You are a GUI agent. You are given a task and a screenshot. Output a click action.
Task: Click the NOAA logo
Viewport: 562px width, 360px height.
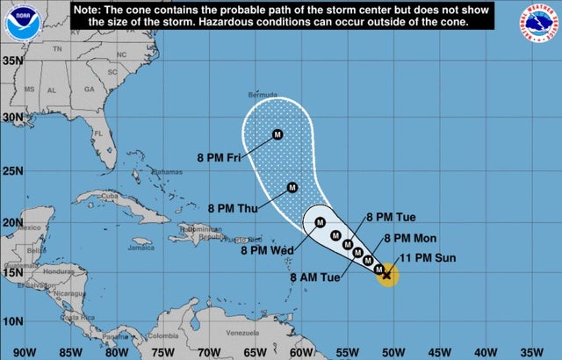point(16,21)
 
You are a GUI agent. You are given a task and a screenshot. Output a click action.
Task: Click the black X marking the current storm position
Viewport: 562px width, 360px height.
point(386,275)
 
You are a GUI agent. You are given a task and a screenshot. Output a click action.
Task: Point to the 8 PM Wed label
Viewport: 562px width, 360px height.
point(266,250)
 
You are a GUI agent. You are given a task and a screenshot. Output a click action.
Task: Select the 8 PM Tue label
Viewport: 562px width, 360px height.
point(390,217)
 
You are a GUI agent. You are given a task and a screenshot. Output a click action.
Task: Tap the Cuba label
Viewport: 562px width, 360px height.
point(110,196)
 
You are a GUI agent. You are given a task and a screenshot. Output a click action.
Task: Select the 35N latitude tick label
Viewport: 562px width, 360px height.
point(11,61)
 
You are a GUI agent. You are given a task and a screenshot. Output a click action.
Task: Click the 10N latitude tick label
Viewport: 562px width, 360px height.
point(11,320)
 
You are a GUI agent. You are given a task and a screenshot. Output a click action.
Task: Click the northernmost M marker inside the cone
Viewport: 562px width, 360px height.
point(277,134)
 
